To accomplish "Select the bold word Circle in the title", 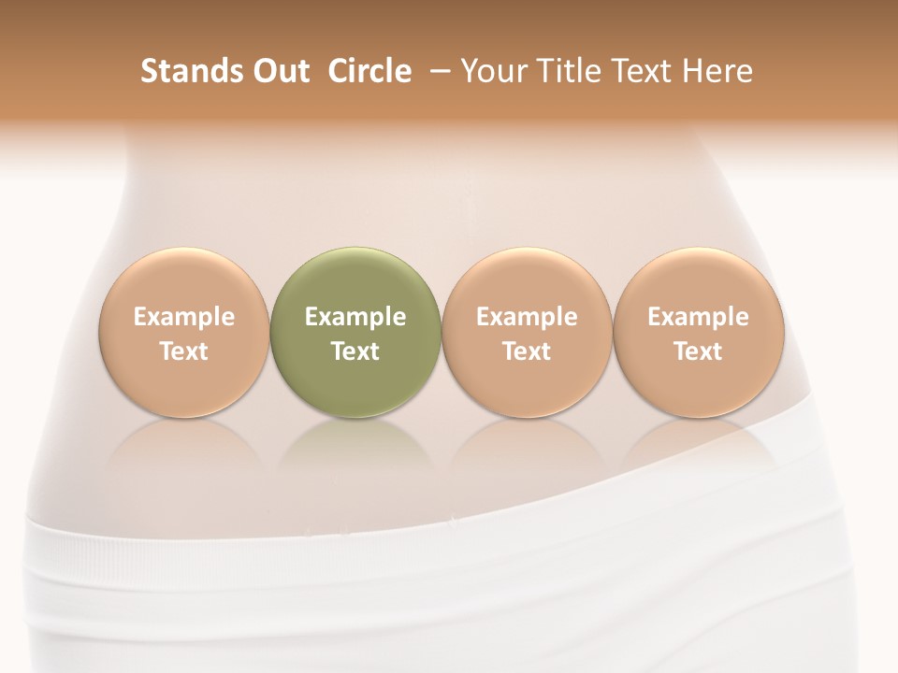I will [x=369, y=71].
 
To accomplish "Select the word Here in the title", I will [x=717, y=71].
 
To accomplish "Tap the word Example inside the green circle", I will [x=355, y=317].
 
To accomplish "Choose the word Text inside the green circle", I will [x=355, y=351].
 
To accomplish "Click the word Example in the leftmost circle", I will [x=184, y=317].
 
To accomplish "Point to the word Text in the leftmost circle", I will [x=184, y=351].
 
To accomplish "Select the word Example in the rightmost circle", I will [x=698, y=317].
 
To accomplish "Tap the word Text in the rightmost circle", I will [x=698, y=351].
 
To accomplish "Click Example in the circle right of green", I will [x=527, y=317].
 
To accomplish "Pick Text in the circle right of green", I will [x=527, y=351].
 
